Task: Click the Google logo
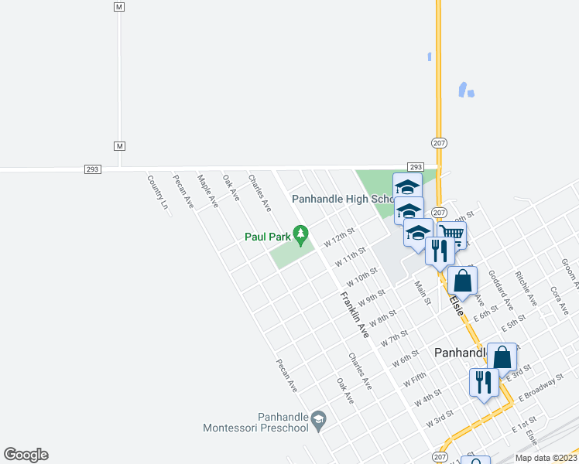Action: click(x=26, y=455)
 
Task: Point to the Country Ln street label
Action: click(x=157, y=192)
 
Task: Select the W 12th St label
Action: click(x=338, y=237)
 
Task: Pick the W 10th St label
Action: click(x=361, y=276)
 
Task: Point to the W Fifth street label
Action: click(x=414, y=380)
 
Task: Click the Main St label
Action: click(x=422, y=292)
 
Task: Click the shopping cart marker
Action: click(x=452, y=233)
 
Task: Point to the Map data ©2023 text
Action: click(x=546, y=458)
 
